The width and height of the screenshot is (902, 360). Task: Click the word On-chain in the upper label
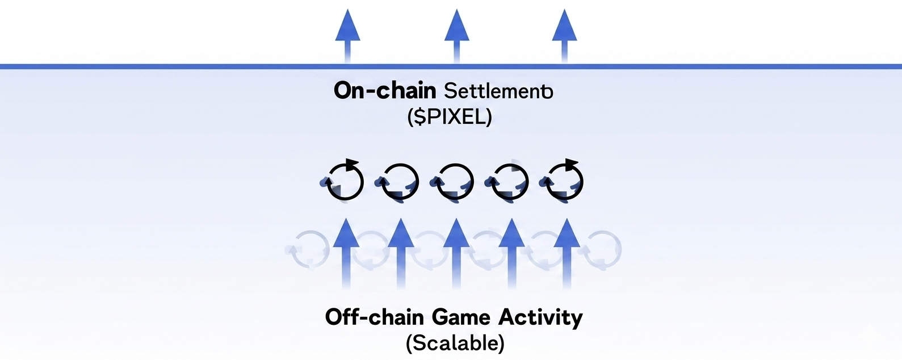click(x=384, y=91)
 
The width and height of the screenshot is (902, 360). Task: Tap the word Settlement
click(x=498, y=91)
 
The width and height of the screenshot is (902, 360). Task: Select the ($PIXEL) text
click(x=450, y=117)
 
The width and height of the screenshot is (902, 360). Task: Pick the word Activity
click(x=540, y=317)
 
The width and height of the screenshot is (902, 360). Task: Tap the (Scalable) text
click(x=455, y=343)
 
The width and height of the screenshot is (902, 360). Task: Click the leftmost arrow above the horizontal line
click(x=348, y=34)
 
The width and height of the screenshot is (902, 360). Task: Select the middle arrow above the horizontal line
click(x=456, y=34)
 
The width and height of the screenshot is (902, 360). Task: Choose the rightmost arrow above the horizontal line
click(x=564, y=34)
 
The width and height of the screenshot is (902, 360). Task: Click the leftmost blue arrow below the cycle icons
click(x=346, y=253)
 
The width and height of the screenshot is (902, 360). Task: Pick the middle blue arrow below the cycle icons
click(x=455, y=253)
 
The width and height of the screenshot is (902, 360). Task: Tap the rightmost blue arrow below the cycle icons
click(x=565, y=253)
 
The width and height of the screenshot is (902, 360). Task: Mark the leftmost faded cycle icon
click(x=309, y=250)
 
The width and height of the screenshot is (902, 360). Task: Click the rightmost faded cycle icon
click(x=603, y=250)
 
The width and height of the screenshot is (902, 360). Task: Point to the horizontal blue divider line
click(x=170, y=66)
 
